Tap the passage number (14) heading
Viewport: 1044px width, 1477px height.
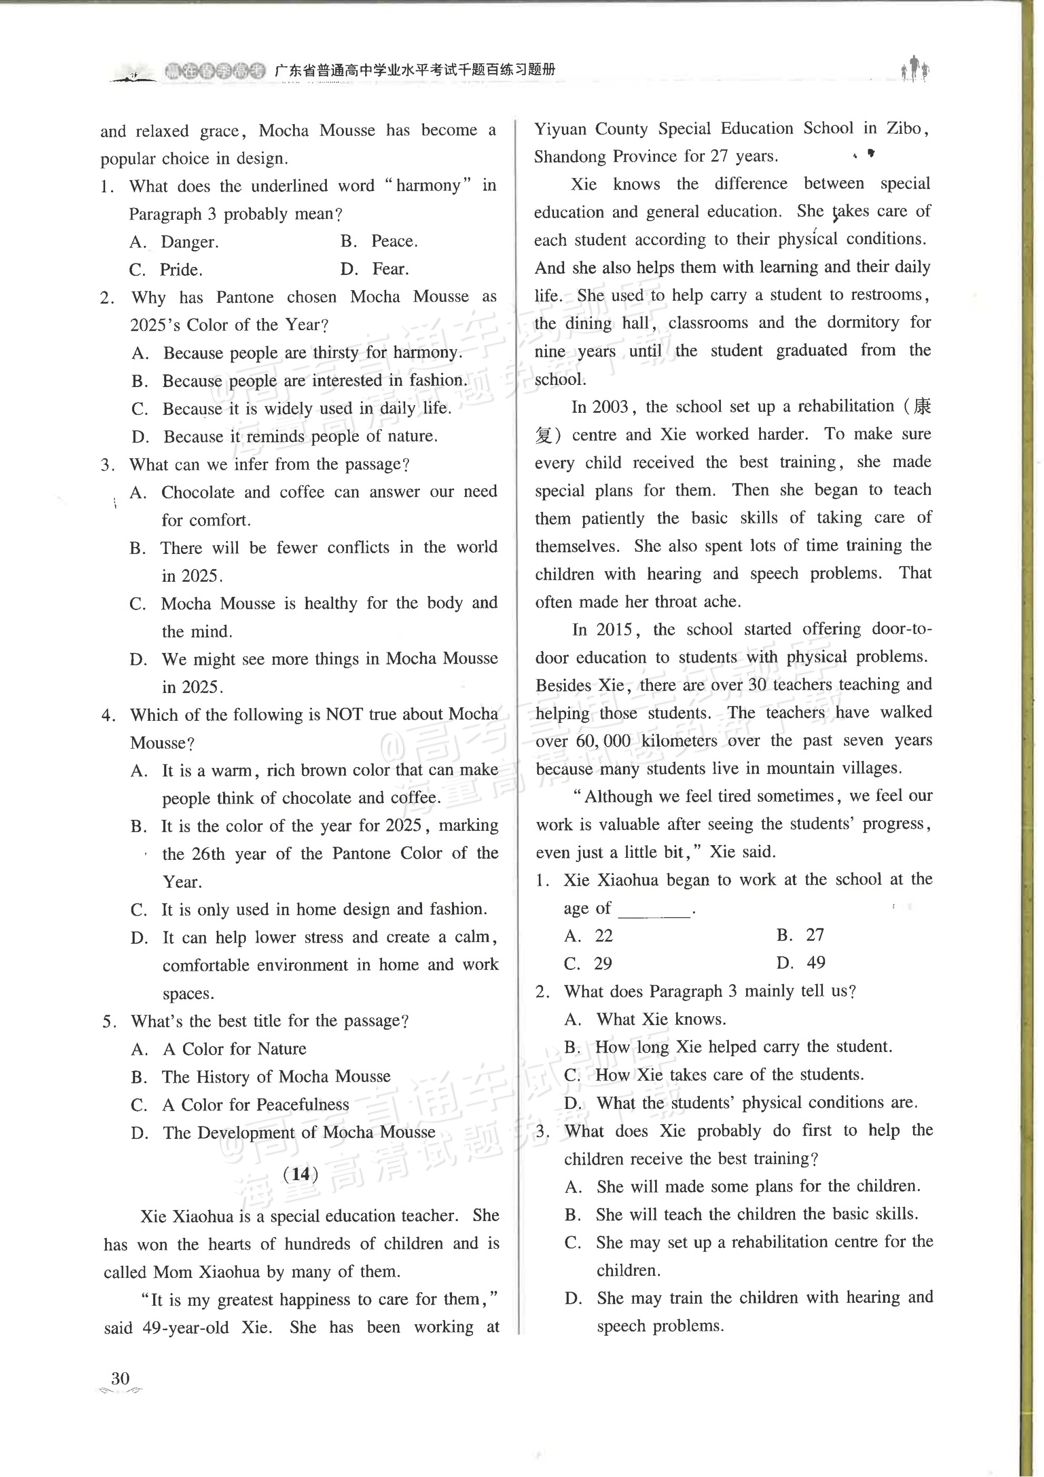coord(300,1174)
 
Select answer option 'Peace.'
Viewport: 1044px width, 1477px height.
coord(394,241)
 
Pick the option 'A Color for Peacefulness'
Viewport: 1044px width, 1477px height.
coord(255,1105)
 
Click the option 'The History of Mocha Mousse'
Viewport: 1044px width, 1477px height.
coord(276,1077)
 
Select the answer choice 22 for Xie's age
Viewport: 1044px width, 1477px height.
coord(604,935)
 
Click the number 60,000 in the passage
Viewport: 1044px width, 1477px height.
coord(603,741)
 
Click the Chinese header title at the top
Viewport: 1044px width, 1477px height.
coord(415,70)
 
